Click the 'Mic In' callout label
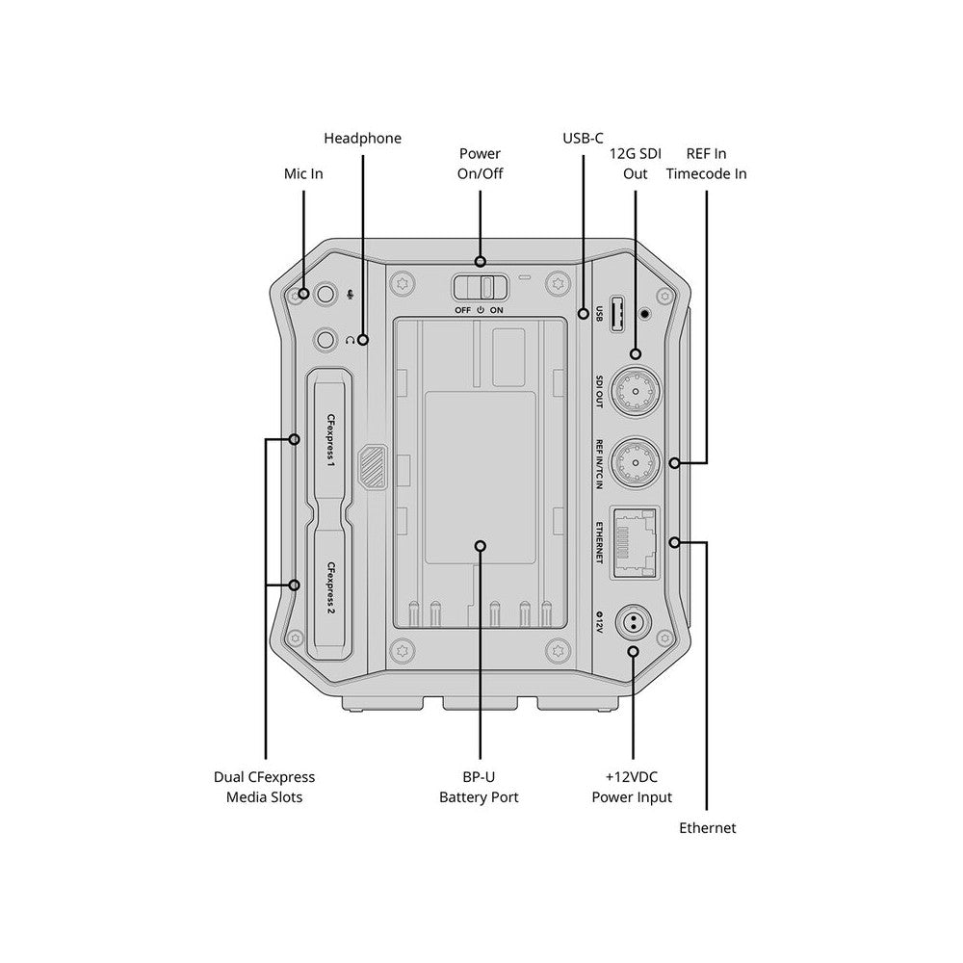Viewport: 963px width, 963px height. (303, 173)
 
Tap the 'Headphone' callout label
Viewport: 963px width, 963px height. (362, 138)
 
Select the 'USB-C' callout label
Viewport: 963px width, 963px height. (583, 138)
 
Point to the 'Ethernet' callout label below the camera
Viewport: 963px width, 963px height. (707, 828)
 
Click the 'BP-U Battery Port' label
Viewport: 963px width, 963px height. (479, 787)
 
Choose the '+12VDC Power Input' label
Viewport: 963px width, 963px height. (632, 787)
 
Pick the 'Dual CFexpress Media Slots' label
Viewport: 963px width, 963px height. (264, 787)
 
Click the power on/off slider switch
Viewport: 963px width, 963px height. (481, 287)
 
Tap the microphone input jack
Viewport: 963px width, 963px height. (325, 295)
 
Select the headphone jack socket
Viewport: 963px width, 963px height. (325, 340)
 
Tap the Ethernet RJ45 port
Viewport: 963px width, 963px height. (635, 543)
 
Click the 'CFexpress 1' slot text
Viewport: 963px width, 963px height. (331, 441)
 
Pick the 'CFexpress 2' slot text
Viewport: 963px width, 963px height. (331, 588)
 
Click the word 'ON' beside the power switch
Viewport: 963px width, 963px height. (496, 311)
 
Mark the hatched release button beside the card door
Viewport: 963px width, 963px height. (373, 467)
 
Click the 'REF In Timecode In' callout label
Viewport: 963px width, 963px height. (706, 164)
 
